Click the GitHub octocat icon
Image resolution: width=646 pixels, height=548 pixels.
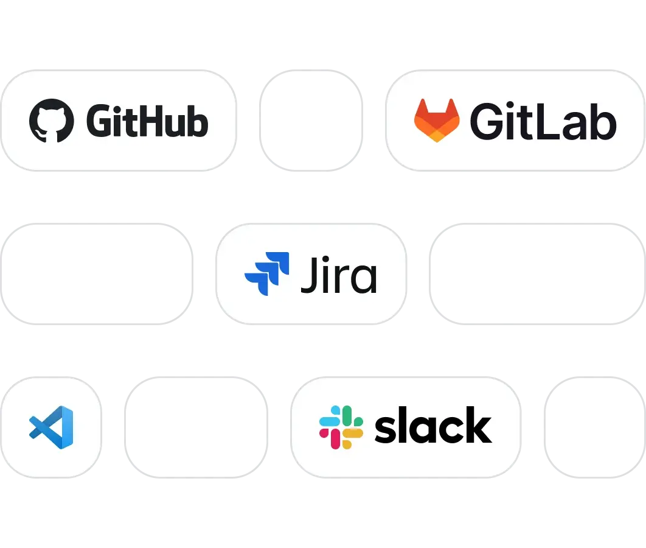(x=52, y=121)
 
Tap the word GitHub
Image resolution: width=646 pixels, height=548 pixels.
(x=147, y=121)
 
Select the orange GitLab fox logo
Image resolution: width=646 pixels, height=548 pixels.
(x=437, y=121)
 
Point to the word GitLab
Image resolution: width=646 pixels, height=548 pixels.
(x=543, y=122)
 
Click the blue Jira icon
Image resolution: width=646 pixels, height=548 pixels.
(x=266, y=274)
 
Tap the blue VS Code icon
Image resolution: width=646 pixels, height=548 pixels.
(x=51, y=424)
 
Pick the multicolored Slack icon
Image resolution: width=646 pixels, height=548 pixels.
(x=341, y=427)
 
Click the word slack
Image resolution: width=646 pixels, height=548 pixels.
(x=433, y=426)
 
